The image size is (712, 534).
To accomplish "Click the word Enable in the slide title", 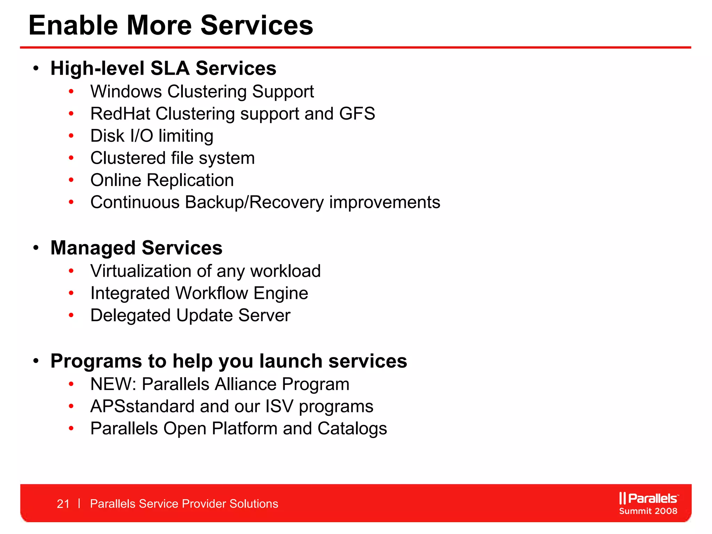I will pyautogui.click(x=73, y=25).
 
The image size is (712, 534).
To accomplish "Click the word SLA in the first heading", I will pyautogui.click(x=170, y=68).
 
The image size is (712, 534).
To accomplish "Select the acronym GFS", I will pyautogui.click(x=357, y=114).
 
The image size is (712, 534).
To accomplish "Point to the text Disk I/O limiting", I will pyautogui.click(x=152, y=136).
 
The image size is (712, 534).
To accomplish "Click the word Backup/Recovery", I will pyautogui.click(x=254, y=202).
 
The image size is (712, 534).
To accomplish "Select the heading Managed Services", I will pyautogui.click(x=136, y=248).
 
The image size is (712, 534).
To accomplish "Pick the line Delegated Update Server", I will pyautogui.click(x=190, y=315).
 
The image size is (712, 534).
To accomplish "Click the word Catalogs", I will pyautogui.click(x=352, y=429).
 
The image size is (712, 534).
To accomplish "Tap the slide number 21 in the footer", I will pyautogui.click(x=63, y=504).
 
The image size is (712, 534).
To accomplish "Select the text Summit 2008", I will pyautogui.click(x=648, y=511).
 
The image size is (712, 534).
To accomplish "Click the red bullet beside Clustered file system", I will pyautogui.click(x=71, y=158).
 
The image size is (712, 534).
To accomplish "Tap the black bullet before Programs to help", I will pyautogui.click(x=36, y=361).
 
